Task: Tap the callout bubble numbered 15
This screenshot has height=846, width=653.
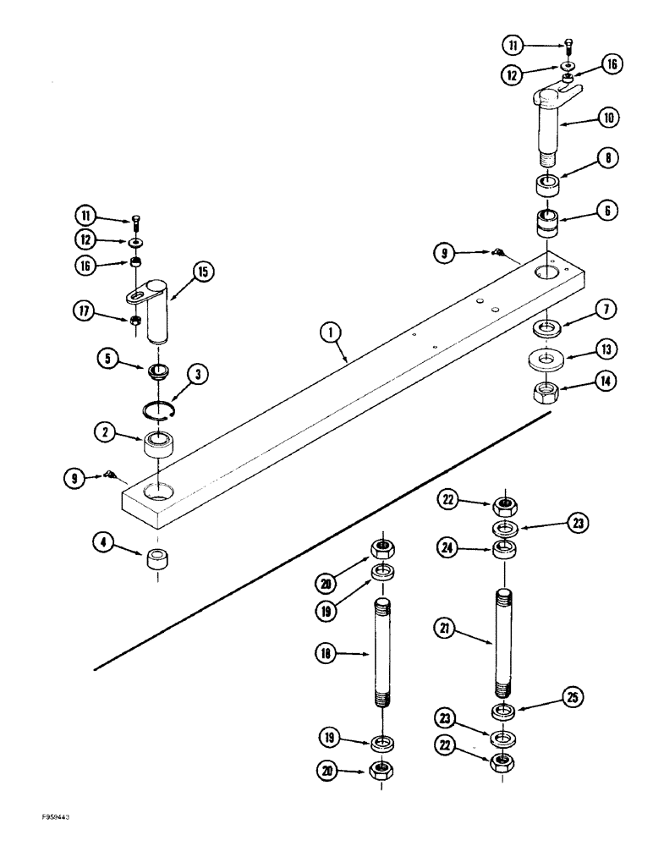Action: tap(203, 272)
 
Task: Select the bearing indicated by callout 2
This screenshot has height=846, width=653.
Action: tap(158, 445)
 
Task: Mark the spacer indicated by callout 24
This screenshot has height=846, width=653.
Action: tap(506, 552)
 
